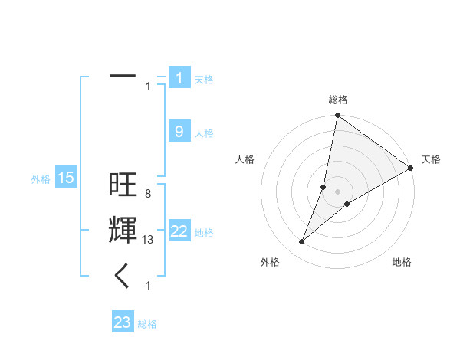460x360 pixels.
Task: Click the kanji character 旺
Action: click(x=123, y=186)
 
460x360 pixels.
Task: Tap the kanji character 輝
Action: click(x=123, y=231)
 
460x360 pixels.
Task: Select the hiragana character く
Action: click(x=123, y=275)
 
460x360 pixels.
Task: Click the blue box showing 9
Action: click(x=179, y=132)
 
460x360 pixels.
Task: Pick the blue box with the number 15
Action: click(x=66, y=178)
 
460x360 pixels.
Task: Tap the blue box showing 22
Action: click(x=179, y=231)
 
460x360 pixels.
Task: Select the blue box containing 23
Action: click(x=123, y=322)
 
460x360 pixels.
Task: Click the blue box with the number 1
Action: click(x=179, y=78)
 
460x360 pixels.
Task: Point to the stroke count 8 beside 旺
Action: click(x=147, y=194)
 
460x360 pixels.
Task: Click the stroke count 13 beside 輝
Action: click(x=149, y=240)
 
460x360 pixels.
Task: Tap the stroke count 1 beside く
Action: click(x=148, y=286)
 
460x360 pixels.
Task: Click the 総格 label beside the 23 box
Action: click(x=148, y=324)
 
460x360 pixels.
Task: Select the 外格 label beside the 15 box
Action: click(x=41, y=179)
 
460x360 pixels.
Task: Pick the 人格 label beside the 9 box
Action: click(x=204, y=133)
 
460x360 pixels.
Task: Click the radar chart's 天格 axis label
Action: click(x=431, y=159)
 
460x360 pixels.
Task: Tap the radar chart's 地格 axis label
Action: click(x=402, y=262)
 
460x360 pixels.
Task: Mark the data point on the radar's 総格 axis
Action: click(x=337, y=116)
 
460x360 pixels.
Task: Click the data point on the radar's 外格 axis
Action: click(x=302, y=242)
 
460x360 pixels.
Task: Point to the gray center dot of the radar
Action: click(x=337, y=191)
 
